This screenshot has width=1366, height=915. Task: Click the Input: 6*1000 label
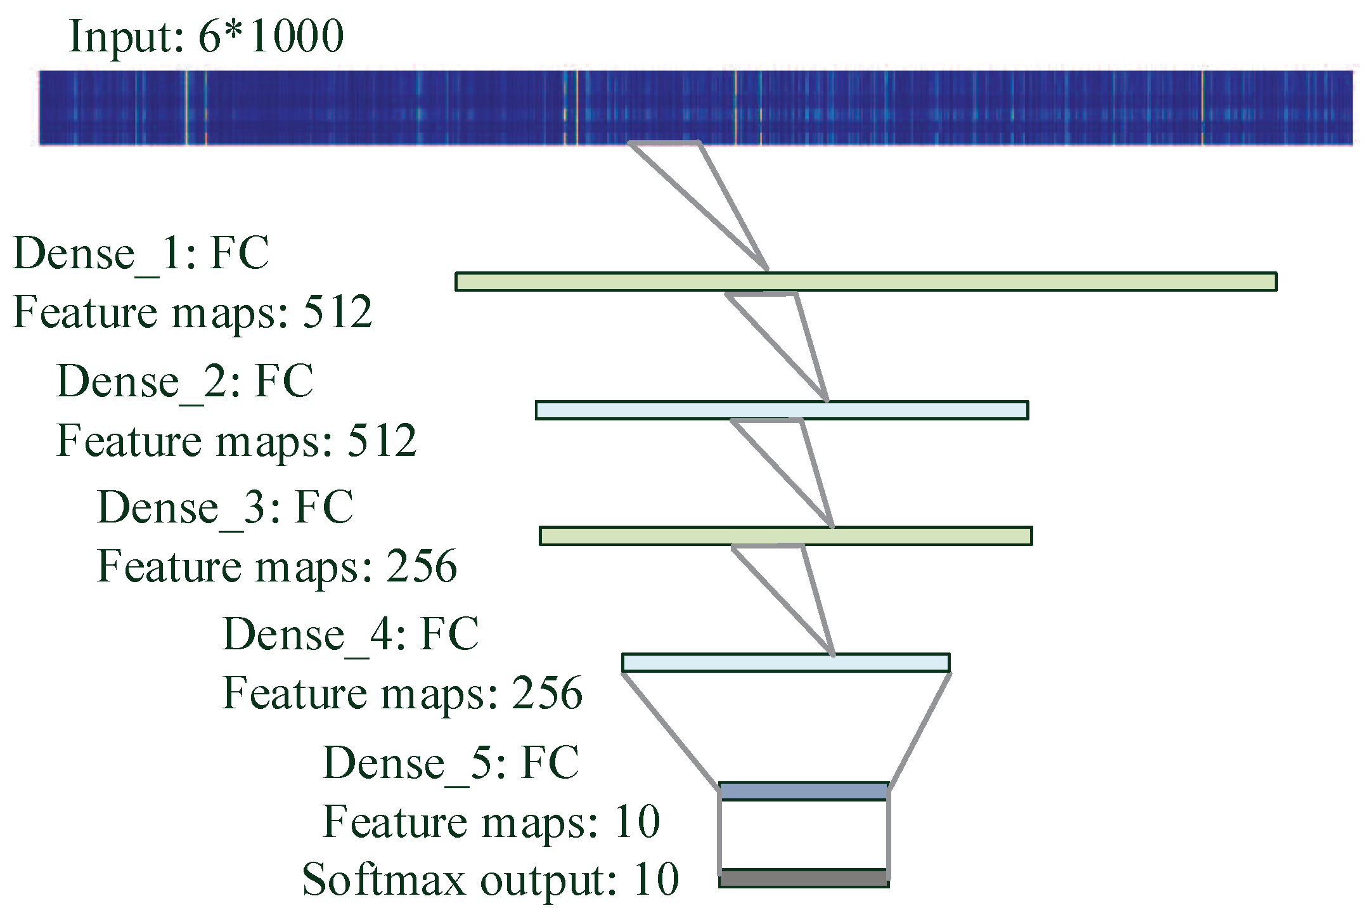(x=206, y=36)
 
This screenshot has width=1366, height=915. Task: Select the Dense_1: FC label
(x=141, y=254)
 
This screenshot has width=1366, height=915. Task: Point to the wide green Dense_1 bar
(x=865, y=282)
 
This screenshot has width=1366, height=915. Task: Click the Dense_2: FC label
(x=185, y=381)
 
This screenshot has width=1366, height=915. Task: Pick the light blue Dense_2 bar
(x=782, y=410)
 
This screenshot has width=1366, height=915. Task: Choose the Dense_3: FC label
(x=225, y=507)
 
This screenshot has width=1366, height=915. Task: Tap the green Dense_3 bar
(x=785, y=536)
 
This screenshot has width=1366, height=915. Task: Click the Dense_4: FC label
(x=351, y=634)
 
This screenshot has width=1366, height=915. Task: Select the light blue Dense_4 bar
(x=785, y=663)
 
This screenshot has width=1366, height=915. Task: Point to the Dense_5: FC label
(x=451, y=762)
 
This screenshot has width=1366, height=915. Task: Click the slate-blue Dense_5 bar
(x=804, y=791)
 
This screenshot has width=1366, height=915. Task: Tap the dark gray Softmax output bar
(x=804, y=878)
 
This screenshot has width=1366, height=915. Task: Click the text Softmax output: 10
(x=490, y=880)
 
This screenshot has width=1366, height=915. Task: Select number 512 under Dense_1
(x=337, y=313)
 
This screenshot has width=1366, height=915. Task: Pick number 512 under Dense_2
(x=382, y=441)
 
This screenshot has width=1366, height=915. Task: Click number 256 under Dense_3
(x=422, y=566)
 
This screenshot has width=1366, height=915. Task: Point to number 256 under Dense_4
(x=547, y=693)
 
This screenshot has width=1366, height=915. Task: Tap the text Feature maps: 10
(x=491, y=822)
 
